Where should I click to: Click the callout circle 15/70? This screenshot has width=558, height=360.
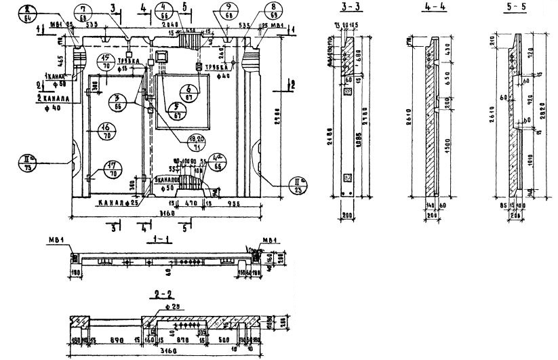[106, 62]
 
